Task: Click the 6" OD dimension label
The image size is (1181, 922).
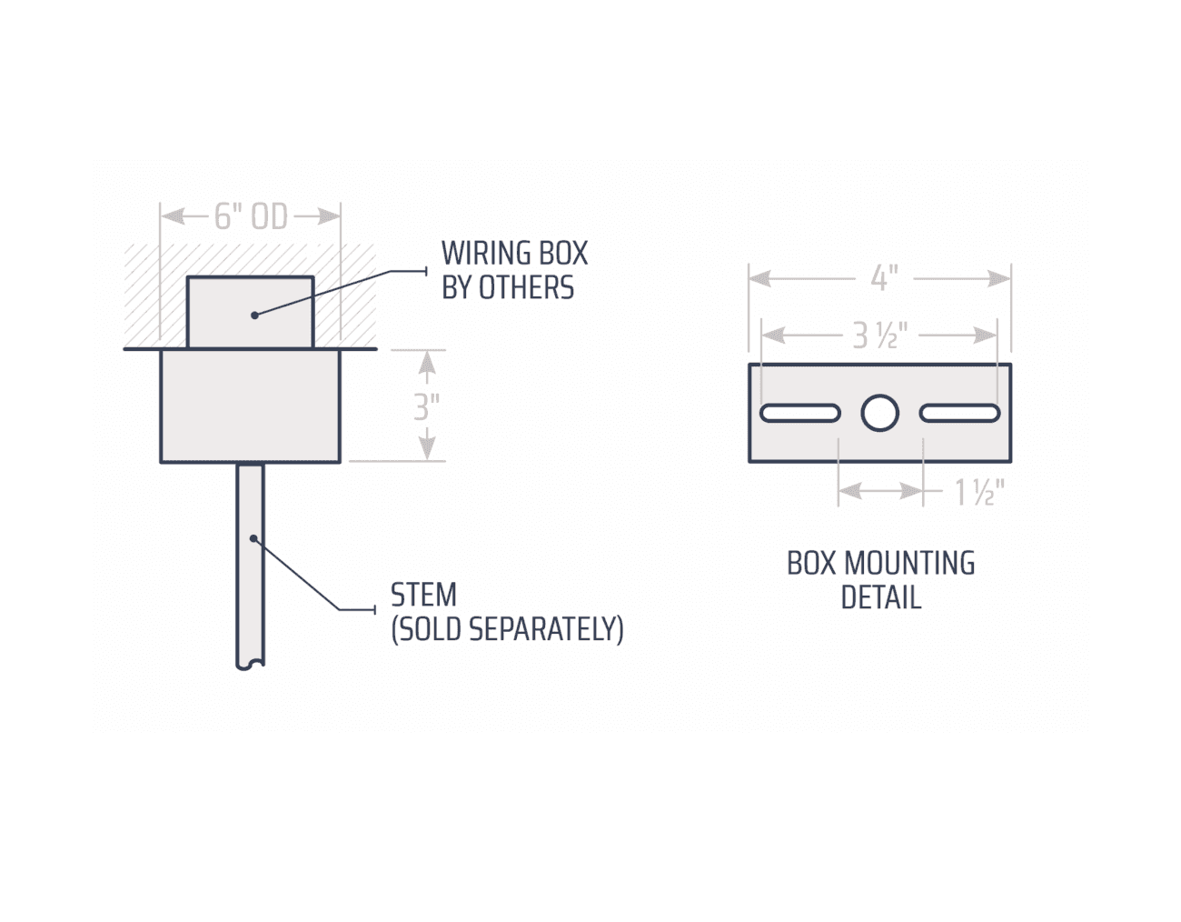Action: pos(251,216)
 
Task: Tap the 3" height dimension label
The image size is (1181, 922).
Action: pos(427,406)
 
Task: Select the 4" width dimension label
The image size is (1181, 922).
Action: pos(884,278)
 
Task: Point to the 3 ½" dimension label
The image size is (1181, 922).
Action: pos(880,336)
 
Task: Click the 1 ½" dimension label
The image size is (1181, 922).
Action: pos(979,492)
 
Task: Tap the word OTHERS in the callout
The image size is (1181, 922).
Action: pos(526,287)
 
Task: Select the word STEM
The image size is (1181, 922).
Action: pos(423,595)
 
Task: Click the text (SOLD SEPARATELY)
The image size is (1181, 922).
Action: pos(507,629)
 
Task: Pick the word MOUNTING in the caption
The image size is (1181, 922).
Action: pos(909,563)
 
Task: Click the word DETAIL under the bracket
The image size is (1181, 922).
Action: pos(881,597)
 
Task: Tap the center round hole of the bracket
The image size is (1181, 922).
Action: pos(880,413)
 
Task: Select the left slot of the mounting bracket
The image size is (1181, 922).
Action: pos(800,413)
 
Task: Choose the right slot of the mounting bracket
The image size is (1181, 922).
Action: pos(960,413)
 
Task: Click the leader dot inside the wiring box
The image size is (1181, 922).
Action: pos(254,315)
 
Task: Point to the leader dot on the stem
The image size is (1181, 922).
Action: pos(253,538)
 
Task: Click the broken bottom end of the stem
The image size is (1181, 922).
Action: pos(251,666)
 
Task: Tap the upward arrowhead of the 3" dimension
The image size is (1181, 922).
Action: pos(427,361)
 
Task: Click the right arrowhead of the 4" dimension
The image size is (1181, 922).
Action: pos(999,278)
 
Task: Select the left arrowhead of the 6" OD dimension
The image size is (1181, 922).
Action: pos(173,216)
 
